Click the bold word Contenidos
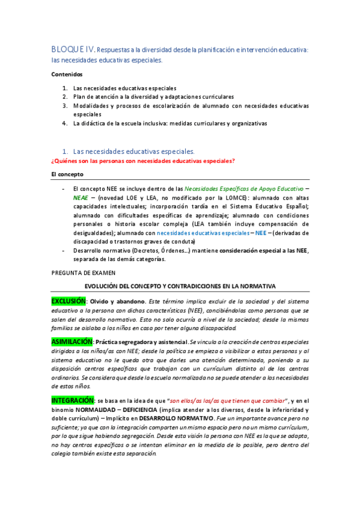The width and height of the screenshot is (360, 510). pos(66,75)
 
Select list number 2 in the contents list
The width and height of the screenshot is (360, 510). pos(64,96)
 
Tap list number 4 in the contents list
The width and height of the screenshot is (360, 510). pos(64,123)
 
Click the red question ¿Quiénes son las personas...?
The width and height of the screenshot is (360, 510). pos(142,161)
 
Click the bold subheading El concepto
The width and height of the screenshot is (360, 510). pos(67,174)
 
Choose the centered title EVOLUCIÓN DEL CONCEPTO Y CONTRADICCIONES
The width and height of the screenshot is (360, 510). pos(180,286)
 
